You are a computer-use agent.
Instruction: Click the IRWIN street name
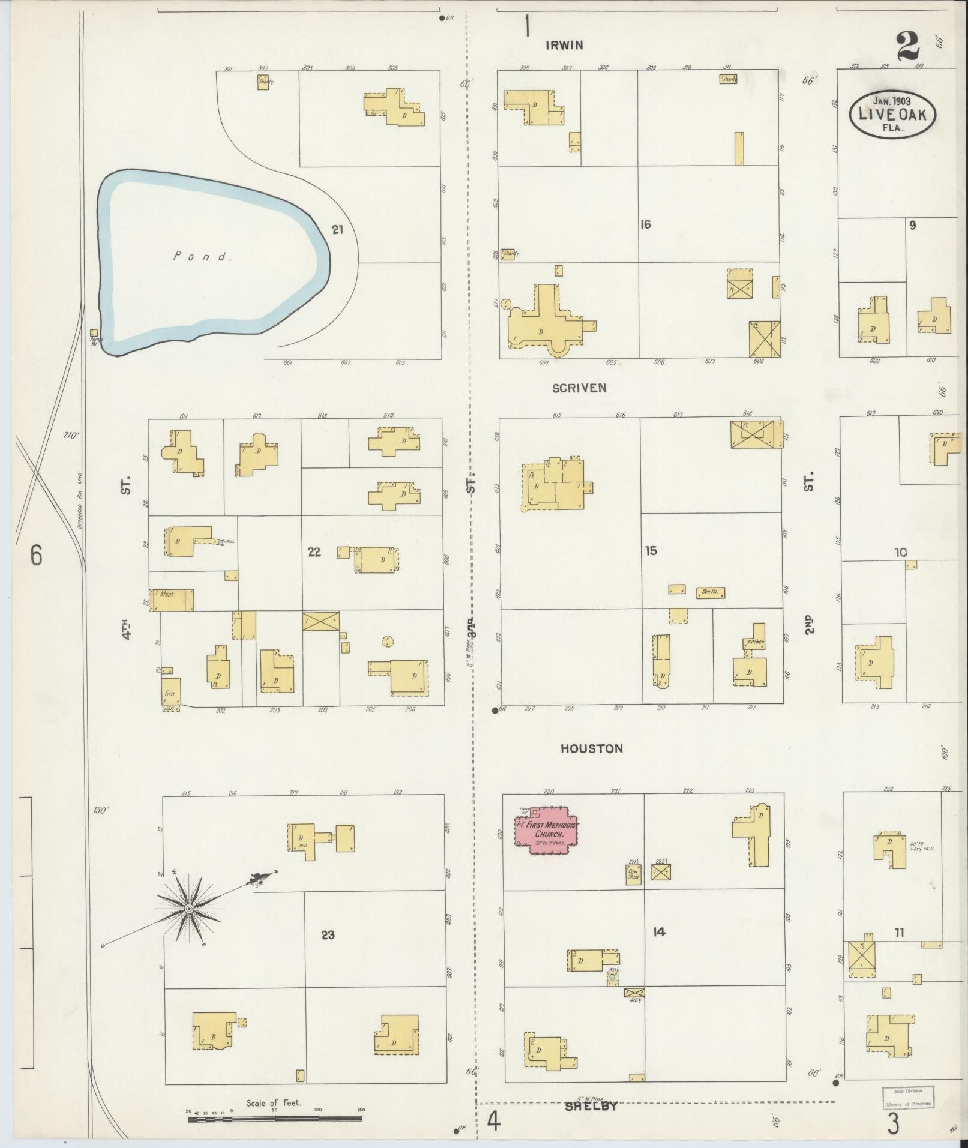click(x=564, y=45)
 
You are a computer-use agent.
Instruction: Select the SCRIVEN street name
click(x=579, y=388)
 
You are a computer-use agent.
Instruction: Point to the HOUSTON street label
click(x=591, y=748)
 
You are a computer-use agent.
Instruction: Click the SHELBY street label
click(x=591, y=1106)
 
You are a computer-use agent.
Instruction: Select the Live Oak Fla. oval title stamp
click(x=892, y=114)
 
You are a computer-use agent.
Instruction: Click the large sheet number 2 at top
click(x=907, y=46)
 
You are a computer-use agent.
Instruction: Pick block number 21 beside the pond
click(x=338, y=229)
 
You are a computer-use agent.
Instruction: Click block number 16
click(x=645, y=224)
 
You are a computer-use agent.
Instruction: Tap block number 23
click(x=328, y=934)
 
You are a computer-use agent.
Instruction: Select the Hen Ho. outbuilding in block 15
click(x=710, y=592)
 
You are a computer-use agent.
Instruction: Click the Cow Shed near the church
click(x=633, y=874)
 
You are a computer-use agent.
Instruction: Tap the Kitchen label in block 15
click(x=755, y=642)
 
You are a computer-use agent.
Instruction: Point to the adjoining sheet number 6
click(x=36, y=556)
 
